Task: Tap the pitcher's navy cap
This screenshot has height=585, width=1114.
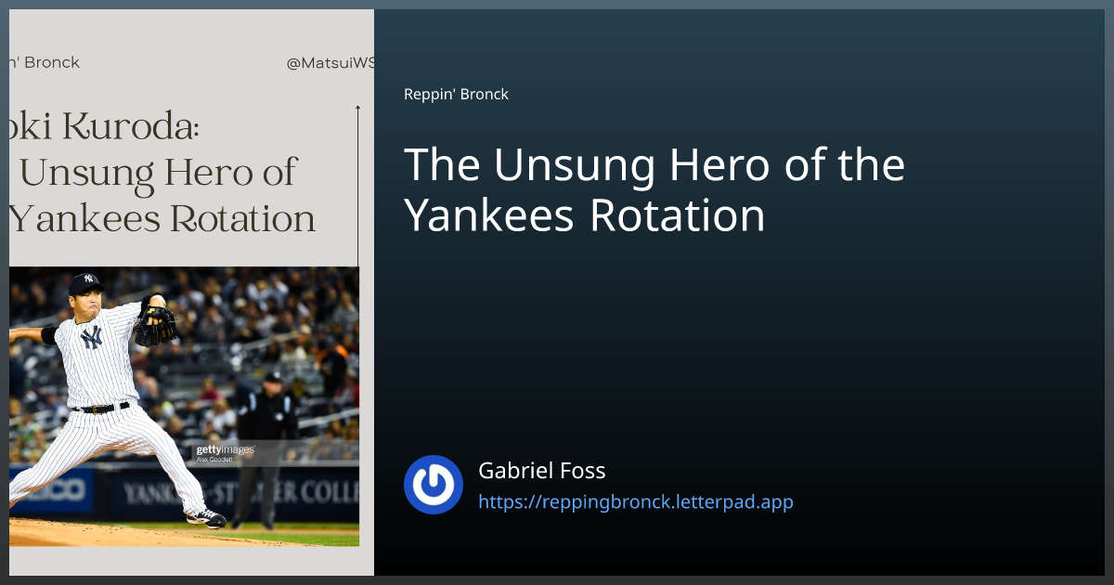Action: click(x=85, y=280)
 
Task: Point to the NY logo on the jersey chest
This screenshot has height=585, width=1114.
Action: click(x=91, y=338)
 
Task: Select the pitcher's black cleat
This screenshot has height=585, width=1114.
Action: click(x=205, y=517)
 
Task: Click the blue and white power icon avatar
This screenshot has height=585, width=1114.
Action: click(x=434, y=485)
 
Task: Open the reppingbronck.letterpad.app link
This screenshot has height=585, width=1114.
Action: click(x=635, y=502)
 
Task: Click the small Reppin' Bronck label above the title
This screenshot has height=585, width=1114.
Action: click(x=456, y=94)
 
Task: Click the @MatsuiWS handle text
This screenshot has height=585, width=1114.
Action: click(x=330, y=63)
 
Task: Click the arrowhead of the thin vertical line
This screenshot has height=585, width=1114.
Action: click(x=357, y=109)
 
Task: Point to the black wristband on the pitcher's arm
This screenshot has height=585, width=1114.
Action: click(x=48, y=335)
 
